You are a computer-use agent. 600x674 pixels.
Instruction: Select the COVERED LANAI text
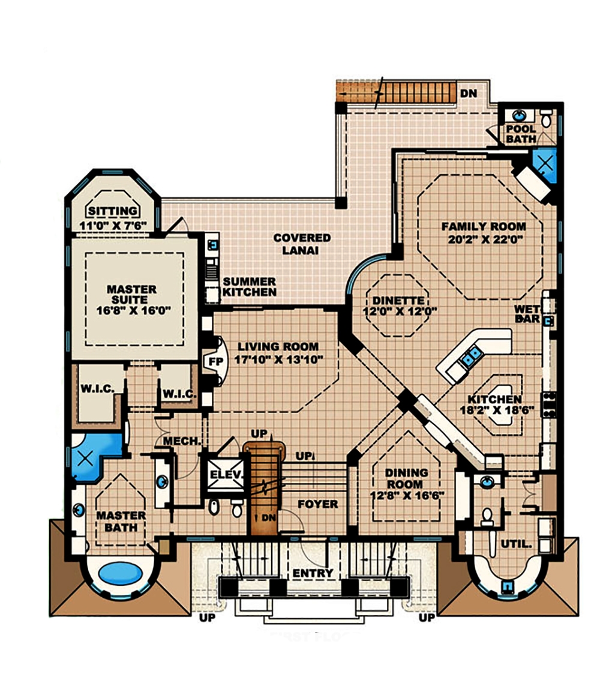(x=302, y=244)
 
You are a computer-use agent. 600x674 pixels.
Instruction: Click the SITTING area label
(x=112, y=211)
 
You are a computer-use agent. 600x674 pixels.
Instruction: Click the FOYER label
(x=317, y=504)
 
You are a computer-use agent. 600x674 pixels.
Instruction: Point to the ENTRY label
(x=313, y=573)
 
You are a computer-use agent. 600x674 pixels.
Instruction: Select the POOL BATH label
(x=521, y=134)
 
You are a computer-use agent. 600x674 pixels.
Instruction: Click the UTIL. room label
(x=517, y=544)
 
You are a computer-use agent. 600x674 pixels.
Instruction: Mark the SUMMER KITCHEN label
(x=250, y=286)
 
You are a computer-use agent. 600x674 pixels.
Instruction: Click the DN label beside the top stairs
(x=468, y=93)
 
